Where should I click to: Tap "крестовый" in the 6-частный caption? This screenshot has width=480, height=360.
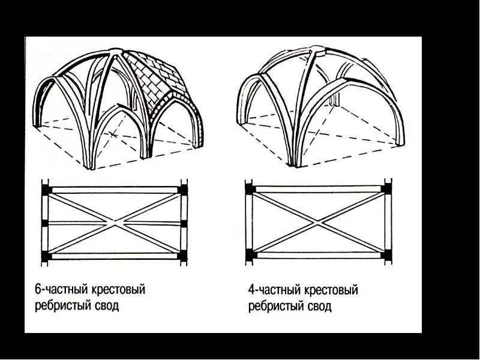(x=118, y=290)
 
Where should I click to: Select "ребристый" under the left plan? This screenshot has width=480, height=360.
(x=61, y=305)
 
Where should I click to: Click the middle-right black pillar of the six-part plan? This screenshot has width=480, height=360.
(x=184, y=223)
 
